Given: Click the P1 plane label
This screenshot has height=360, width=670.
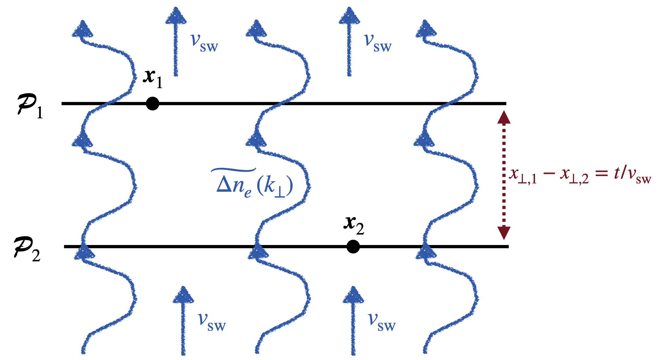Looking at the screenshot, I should coord(29,107).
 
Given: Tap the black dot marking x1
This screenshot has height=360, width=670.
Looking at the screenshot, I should coord(152,103).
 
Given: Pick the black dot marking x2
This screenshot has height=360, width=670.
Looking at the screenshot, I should coord(353,247).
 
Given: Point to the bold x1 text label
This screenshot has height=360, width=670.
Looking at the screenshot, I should coord(152,78).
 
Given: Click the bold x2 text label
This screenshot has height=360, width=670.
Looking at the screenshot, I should coord(354,225).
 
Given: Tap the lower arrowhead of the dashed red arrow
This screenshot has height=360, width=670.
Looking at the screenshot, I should coord(504,232).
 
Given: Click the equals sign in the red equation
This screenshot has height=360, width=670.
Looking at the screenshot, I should coord(601,174).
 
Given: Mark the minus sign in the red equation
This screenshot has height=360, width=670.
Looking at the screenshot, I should coord(549,174).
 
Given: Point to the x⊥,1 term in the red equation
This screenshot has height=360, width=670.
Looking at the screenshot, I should coord(523,176).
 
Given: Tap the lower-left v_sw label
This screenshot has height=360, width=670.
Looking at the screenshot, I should coord(211,322).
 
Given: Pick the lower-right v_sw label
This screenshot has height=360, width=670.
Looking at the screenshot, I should coord(382,322).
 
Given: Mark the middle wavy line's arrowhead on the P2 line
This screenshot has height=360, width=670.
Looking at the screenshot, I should coord(258,251).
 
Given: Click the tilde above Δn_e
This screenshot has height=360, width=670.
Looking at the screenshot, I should coord(233,170).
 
